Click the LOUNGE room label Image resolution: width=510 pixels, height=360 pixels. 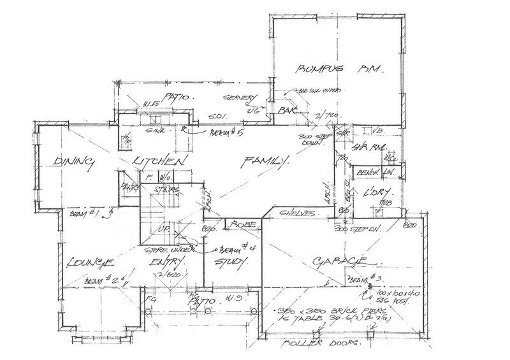click(x=89, y=263)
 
